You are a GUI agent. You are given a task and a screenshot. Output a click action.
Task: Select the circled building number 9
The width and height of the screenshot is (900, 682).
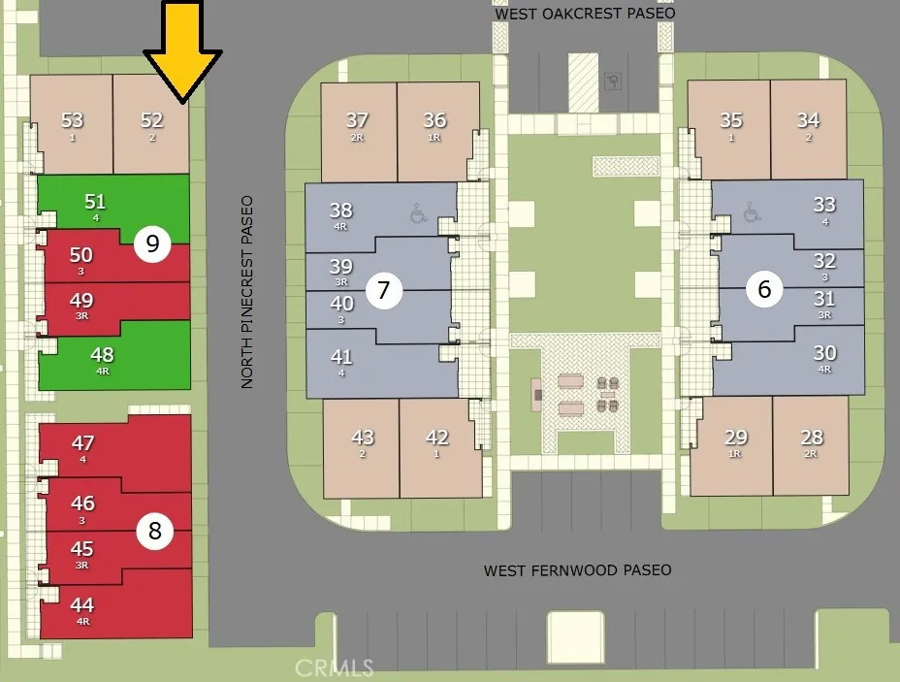[x=152, y=244]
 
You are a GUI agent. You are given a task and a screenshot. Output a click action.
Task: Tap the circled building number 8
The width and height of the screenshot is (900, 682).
[x=154, y=531]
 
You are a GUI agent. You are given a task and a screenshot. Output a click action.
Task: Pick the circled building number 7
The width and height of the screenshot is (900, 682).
[x=384, y=290]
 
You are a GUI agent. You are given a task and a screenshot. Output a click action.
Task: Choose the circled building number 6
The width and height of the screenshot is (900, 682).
[x=764, y=289]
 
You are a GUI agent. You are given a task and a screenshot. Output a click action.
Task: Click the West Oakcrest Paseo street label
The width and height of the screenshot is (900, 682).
[x=585, y=13]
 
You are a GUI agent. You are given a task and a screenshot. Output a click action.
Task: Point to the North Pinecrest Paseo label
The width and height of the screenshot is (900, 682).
[x=246, y=292]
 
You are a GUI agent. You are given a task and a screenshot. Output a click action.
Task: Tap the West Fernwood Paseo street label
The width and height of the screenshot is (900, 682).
[x=577, y=570]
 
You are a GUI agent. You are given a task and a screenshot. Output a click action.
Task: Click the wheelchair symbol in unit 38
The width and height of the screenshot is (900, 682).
[x=419, y=213]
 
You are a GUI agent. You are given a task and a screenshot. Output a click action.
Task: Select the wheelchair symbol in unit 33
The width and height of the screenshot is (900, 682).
[x=752, y=211]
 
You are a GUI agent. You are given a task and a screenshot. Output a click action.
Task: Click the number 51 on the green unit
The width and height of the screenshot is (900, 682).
[x=95, y=202]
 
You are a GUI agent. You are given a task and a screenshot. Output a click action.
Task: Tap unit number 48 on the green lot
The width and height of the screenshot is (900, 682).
[x=102, y=355]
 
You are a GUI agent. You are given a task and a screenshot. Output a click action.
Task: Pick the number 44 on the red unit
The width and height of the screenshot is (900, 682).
[x=82, y=605]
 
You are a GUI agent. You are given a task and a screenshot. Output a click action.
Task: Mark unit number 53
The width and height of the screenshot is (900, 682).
[x=73, y=120]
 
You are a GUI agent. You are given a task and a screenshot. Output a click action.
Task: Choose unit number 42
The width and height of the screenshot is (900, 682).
[x=436, y=438]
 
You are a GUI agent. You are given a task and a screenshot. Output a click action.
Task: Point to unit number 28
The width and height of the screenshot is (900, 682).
[x=812, y=438]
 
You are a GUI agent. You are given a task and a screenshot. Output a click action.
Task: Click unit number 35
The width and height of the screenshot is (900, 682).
[x=731, y=120]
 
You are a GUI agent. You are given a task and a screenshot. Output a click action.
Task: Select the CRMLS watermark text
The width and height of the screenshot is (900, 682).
[x=335, y=668]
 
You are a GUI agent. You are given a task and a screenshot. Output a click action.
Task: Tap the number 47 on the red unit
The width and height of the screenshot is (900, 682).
[x=83, y=443]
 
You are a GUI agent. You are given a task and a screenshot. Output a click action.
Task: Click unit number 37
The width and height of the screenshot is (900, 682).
[x=357, y=120]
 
